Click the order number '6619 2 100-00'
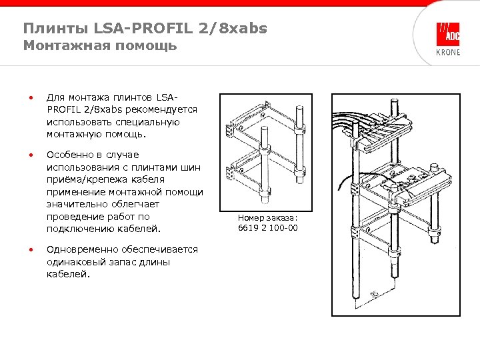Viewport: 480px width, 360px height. coord(267,228)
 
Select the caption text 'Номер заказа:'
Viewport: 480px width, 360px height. coord(267,217)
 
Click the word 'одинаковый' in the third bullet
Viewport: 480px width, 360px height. coord(75,262)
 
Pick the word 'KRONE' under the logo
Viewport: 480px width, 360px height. coord(447,52)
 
